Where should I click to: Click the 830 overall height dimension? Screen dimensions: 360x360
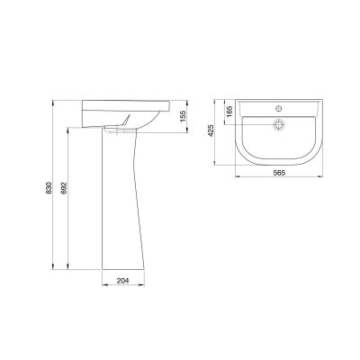49,187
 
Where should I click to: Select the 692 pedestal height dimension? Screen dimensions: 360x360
64,188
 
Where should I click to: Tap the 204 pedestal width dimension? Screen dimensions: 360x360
122,281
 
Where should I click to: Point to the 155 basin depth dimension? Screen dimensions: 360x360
183,116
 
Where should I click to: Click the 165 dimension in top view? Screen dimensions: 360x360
229,112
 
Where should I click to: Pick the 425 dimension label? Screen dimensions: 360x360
211,130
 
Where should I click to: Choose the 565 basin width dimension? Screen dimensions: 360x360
279,173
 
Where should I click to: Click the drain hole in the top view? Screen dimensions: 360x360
279,124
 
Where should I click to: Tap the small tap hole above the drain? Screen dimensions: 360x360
279,107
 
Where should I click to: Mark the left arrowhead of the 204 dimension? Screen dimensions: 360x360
104,284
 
